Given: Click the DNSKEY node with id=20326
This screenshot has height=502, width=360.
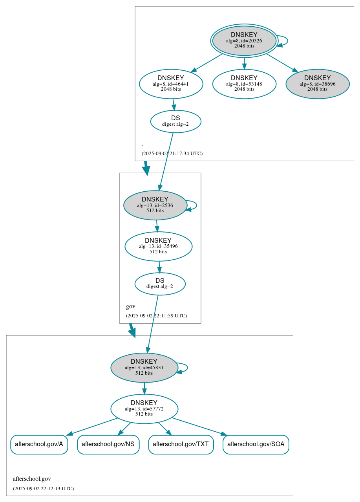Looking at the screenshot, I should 244,40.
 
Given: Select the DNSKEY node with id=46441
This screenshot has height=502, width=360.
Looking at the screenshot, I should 171,83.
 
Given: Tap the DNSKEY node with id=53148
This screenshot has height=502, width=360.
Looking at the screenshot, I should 244,83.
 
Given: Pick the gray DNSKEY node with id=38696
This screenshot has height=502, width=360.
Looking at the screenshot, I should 317,83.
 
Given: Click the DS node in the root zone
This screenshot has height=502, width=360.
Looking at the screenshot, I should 175,121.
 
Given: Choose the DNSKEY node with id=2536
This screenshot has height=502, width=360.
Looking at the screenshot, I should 155,205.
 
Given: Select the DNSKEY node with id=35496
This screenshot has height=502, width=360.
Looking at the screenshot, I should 158,246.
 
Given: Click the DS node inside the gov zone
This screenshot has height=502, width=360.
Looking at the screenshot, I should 160,284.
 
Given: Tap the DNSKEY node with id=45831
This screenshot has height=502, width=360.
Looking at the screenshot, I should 144,368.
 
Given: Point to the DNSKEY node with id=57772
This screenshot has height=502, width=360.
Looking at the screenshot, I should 144,409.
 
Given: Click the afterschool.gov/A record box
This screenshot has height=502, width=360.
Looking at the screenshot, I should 39,444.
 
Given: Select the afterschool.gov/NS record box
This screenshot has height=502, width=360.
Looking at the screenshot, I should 108,444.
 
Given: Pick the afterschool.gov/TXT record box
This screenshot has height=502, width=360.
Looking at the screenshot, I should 181,444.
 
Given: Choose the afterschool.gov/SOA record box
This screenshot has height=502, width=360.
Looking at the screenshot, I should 256,444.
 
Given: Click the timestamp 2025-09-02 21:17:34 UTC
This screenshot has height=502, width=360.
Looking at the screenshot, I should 172,153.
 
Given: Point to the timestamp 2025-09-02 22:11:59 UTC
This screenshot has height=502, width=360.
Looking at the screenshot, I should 156,315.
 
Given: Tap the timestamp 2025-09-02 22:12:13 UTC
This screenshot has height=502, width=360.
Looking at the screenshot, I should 43,488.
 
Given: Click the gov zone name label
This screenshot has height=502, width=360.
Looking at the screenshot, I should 130,306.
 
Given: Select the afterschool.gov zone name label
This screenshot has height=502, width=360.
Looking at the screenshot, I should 32,479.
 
